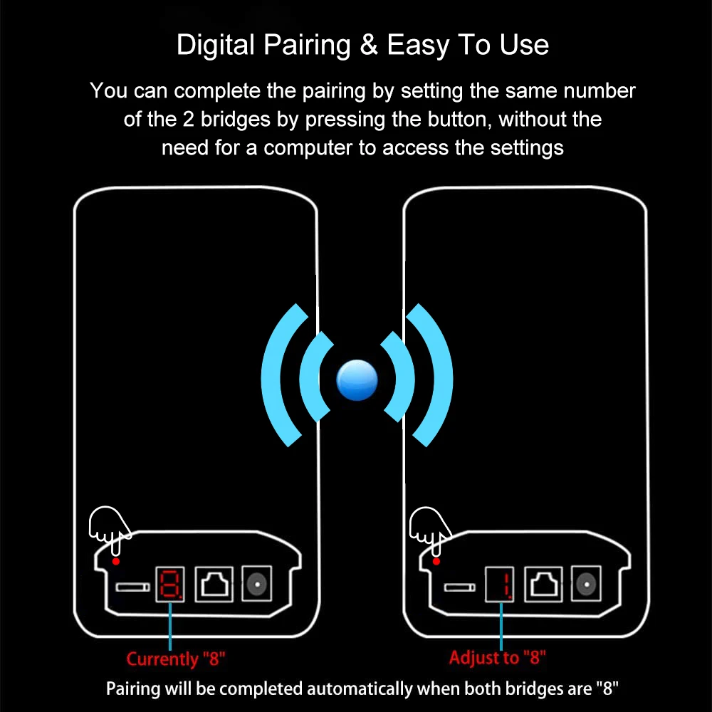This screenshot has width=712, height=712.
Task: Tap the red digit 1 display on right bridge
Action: tap(501, 585)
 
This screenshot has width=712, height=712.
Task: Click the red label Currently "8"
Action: tap(176, 659)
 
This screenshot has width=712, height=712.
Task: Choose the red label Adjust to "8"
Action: tap(498, 657)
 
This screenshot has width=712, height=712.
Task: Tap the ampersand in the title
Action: tap(369, 45)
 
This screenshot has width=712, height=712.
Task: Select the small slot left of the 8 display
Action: tap(132, 587)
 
